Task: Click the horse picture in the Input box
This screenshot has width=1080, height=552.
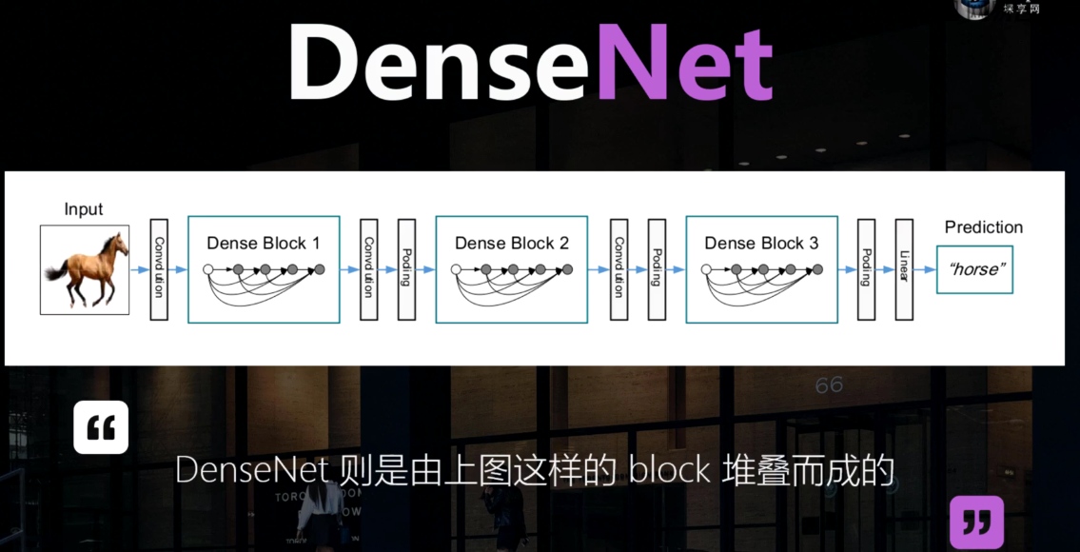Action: click(x=84, y=269)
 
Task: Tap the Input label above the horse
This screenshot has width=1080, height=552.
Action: click(x=84, y=209)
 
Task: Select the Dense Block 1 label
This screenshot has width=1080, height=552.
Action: click(x=264, y=243)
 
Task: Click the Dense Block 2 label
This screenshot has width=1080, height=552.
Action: click(x=512, y=243)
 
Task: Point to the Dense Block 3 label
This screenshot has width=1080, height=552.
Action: click(x=761, y=243)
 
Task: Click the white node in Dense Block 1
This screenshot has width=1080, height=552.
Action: click(x=208, y=270)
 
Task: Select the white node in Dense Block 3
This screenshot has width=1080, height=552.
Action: click(x=706, y=270)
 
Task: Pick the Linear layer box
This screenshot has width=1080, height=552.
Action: click(x=904, y=269)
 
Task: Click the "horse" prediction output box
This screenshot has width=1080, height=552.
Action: click(x=974, y=269)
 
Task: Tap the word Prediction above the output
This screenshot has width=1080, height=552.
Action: click(x=984, y=227)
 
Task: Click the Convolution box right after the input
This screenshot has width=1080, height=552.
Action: click(x=159, y=269)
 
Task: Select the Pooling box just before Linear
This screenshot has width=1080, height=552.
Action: click(x=866, y=269)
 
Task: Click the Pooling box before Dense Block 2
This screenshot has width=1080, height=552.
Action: click(x=406, y=269)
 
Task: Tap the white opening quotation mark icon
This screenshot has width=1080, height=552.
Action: click(x=101, y=427)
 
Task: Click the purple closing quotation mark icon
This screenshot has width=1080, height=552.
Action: click(x=976, y=522)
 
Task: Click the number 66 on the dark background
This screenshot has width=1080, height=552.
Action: click(x=829, y=384)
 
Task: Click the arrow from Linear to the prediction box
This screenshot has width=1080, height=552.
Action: click(x=924, y=270)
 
